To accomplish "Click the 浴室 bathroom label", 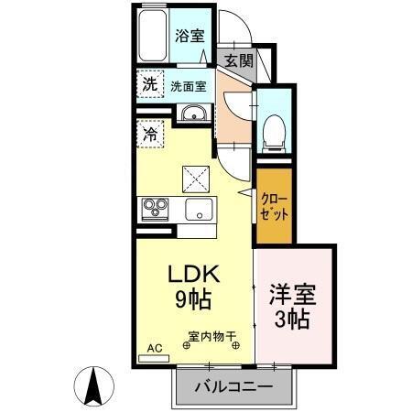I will pos(190,36).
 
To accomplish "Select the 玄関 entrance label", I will pos(239,60).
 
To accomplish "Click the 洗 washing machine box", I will pos(149,83).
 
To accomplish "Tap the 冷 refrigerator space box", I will pos(149,134).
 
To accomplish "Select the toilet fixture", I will pos(272,134).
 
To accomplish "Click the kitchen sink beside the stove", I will pos(198,210).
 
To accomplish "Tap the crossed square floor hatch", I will pos(196,176).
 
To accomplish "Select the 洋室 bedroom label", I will pos(291,296).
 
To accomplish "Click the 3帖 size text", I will pos(291,320).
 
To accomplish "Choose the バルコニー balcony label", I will pos(233,387).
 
